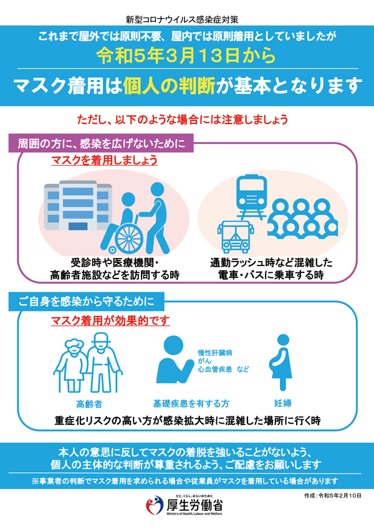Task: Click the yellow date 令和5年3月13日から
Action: [186, 55]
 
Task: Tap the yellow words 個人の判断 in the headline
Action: [169, 86]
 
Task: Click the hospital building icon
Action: [78, 206]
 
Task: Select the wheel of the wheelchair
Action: [129, 239]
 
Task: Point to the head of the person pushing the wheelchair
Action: [157, 189]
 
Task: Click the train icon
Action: [251, 196]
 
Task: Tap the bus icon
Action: [236, 237]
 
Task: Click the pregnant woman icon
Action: [281, 363]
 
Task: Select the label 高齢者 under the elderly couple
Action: [89, 404]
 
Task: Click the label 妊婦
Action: [282, 403]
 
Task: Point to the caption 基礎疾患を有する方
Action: [191, 404]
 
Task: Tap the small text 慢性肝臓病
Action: [215, 353]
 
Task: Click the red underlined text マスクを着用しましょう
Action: [104, 160]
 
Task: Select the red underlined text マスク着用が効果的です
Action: [110, 320]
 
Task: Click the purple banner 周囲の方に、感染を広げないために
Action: [101, 143]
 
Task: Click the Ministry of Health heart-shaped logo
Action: [155, 505]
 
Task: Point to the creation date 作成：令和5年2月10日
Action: [333, 495]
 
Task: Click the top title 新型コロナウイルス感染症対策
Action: [182, 19]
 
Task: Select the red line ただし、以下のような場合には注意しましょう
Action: [183, 120]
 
